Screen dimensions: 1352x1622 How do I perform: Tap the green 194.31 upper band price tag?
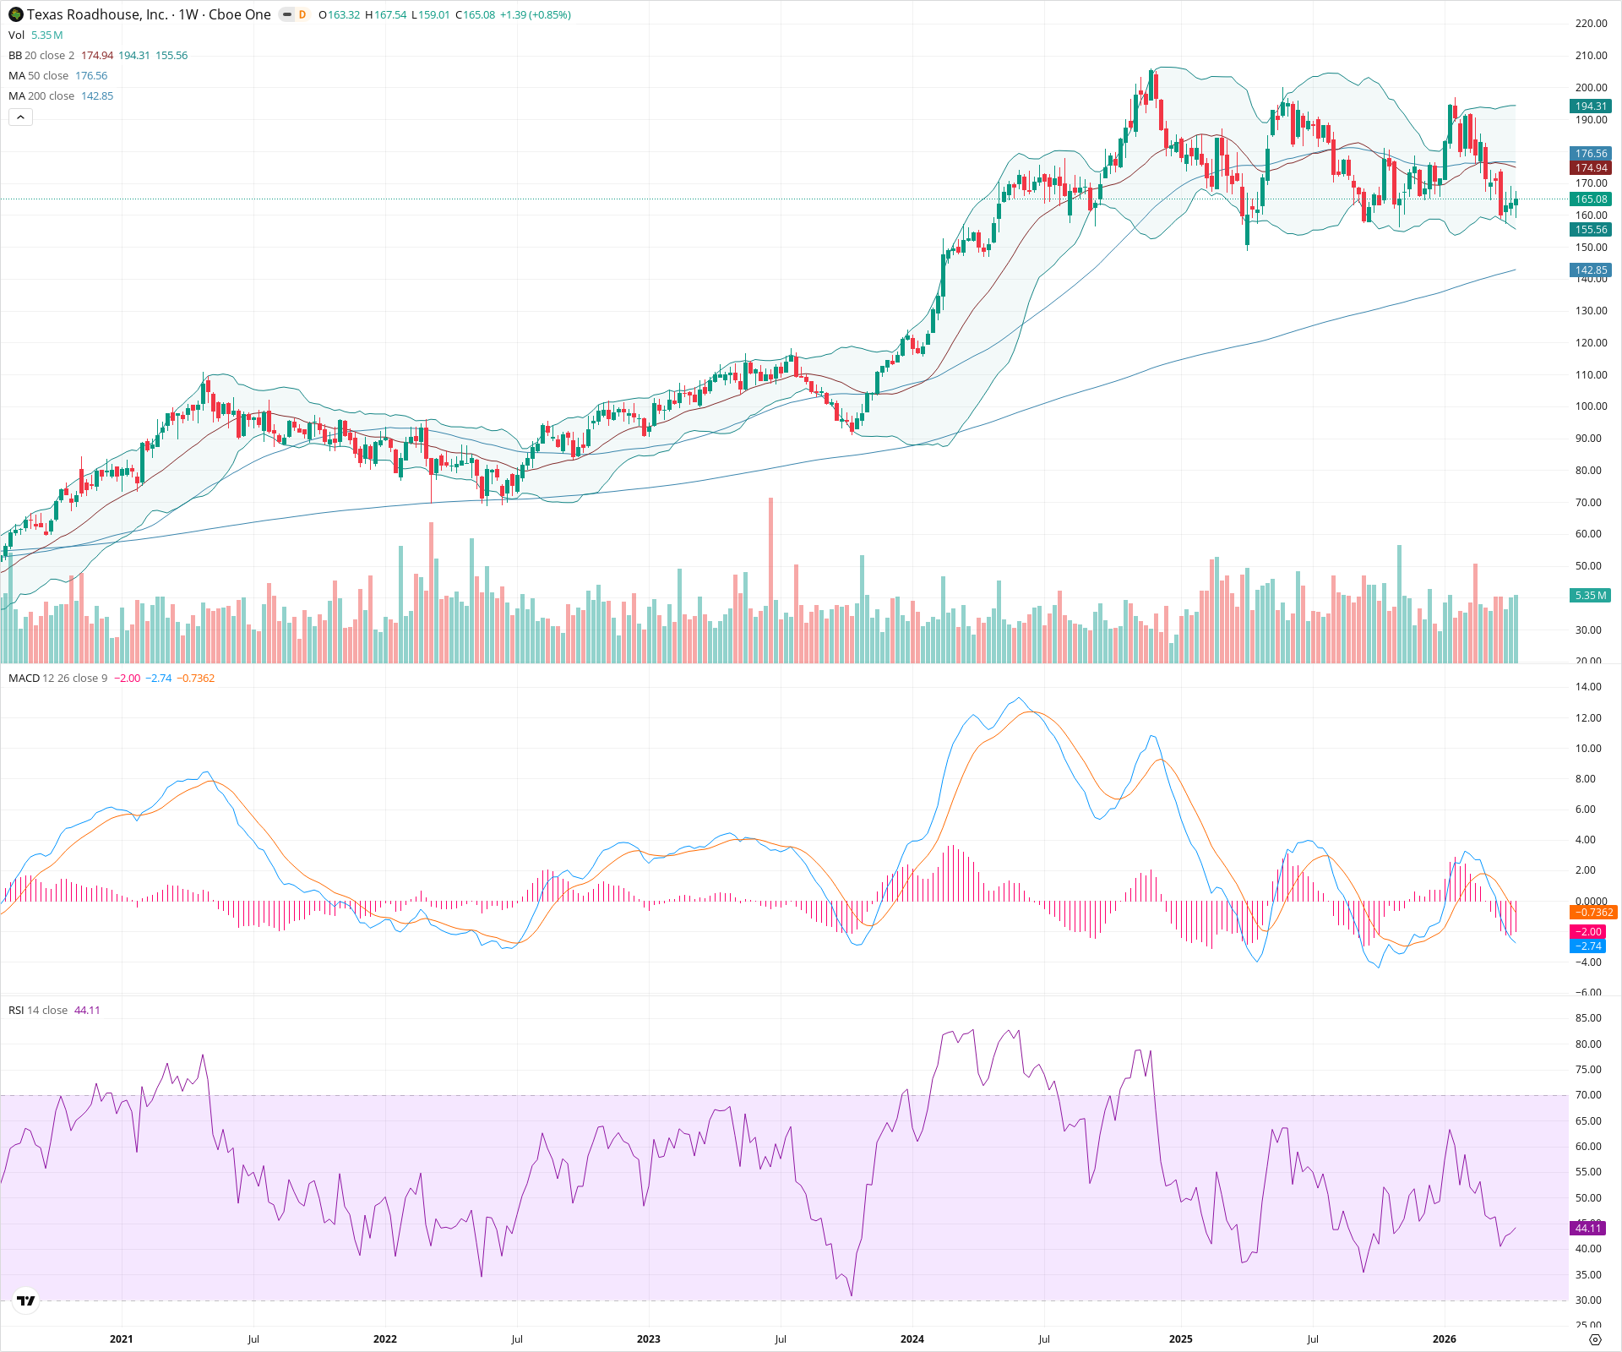[1591, 106]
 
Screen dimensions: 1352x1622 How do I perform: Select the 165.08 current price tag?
[1591, 199]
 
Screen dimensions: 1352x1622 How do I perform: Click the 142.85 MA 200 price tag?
[1591, 270]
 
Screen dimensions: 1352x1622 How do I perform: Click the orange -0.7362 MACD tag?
[1592, 913]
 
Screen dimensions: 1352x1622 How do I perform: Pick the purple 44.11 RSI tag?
[1588, 1228]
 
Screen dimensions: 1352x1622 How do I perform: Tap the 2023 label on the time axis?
[649, 1338]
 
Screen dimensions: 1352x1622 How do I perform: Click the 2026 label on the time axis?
[1445, 1338]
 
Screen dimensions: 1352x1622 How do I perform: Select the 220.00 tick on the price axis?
[1591, 24]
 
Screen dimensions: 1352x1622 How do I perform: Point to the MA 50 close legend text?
[38, 76]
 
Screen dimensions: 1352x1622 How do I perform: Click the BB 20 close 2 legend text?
[41, 56]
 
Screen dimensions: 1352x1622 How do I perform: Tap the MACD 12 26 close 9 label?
[57, 679]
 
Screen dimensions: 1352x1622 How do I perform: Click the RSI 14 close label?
[38, 1011]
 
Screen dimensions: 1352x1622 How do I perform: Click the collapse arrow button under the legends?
[20, 117]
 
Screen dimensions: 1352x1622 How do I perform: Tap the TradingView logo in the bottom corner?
[26, 1300]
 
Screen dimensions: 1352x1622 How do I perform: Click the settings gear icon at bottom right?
[1595, 1339]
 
